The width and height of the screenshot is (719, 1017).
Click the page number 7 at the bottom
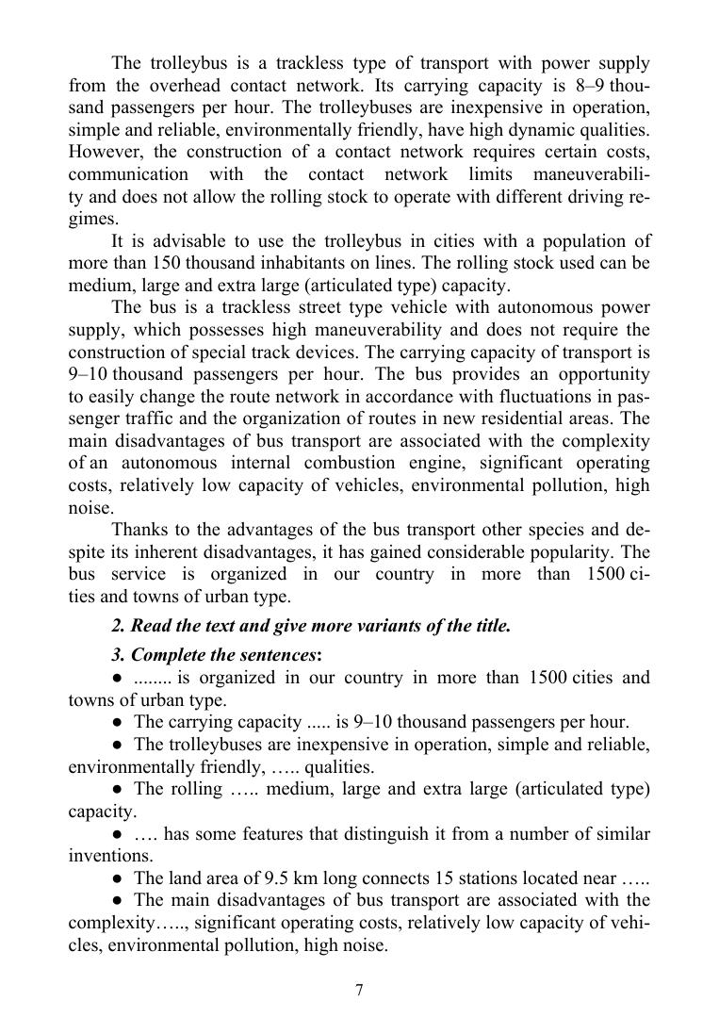tap(359, 990)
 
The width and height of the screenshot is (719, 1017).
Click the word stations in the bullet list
tap(484, 878)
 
